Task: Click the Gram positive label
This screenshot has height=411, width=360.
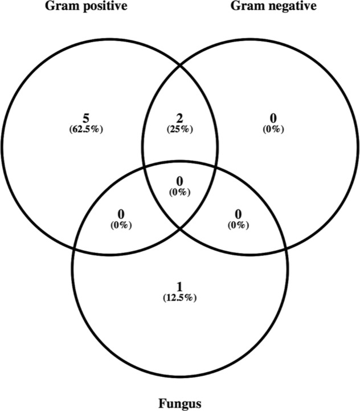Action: point(85,6)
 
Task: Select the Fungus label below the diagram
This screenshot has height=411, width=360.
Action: point(180,404)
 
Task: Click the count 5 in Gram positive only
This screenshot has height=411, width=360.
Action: point(85,118)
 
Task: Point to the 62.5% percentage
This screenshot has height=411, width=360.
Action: point(85,128)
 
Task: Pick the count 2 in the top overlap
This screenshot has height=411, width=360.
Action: point(180,118)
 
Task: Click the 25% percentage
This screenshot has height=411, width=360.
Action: point(180,128)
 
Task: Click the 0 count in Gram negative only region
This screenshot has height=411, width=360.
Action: point(273,118)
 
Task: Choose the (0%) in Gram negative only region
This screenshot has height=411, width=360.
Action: point(273,128)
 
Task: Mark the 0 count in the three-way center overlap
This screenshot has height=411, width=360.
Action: point(180,182)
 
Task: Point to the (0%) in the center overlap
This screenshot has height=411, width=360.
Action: point(180,192)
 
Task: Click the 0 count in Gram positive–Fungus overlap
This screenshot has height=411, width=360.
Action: point(121,214)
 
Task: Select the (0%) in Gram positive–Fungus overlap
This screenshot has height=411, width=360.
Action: point(121,224)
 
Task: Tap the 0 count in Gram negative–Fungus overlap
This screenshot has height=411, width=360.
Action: point(238,214)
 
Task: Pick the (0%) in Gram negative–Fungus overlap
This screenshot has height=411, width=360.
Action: point(238,224)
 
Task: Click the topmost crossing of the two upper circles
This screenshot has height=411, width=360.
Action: point(180,64)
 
